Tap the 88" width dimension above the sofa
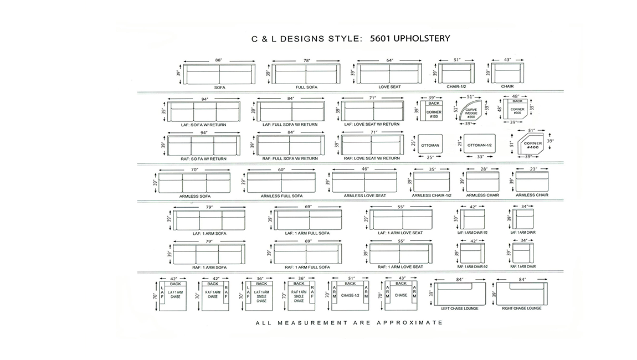[219, 60]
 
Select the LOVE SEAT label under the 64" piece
[389, 87]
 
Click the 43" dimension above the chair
[507, 60]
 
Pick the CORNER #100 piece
[434, 113]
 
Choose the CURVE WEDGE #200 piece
[471, 114]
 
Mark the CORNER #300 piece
[516, 111]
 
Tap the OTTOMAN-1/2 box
[479, 145]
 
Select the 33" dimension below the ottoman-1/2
[480, 157]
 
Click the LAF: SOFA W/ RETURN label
[203, 125]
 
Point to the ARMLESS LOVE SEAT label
[364, 196]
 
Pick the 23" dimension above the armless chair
[532, 169]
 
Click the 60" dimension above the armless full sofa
[281, 169]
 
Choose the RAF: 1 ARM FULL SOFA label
[307, 267]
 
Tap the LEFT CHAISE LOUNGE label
[460, 308]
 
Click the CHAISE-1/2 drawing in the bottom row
[350, 295]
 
